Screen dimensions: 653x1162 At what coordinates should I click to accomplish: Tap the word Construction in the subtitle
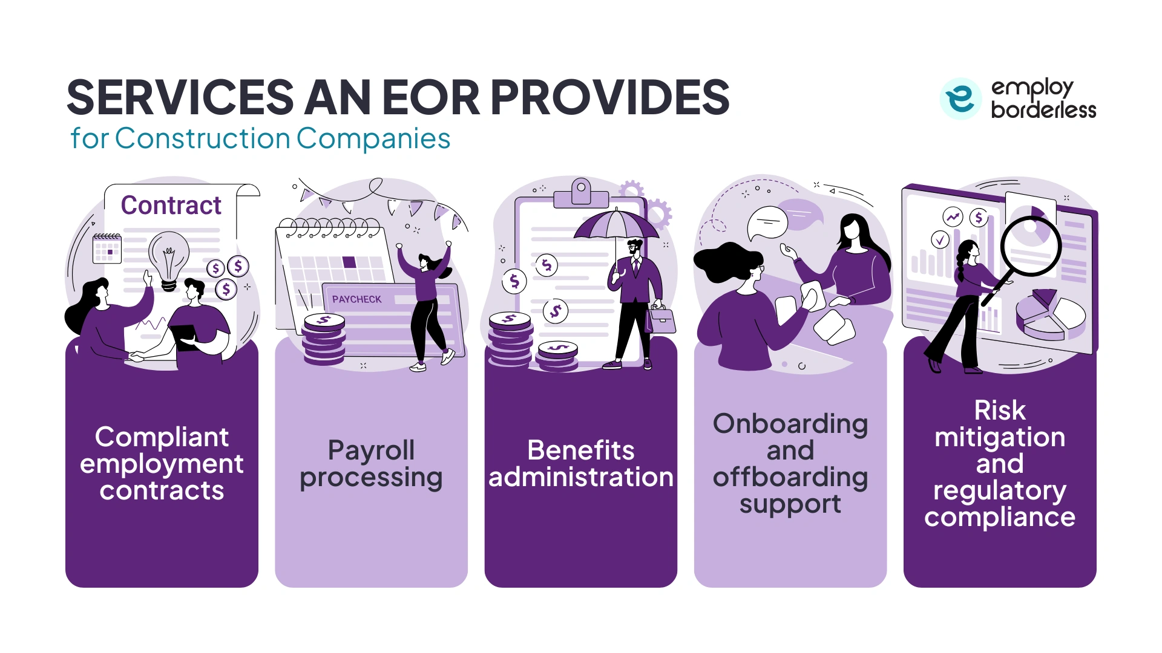(203, 138)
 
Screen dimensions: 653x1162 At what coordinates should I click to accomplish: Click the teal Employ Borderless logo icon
(960, 98)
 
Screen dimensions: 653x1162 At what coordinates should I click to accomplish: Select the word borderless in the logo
(1043, 110)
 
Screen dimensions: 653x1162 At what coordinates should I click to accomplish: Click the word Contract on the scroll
(171, 206)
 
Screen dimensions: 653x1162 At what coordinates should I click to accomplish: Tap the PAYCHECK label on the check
(356, 299)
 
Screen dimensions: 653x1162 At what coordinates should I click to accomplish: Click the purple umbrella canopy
(615, 225)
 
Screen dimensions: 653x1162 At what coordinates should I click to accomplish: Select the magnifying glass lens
(1031, 245)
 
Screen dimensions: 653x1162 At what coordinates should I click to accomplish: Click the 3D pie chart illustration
(1050, 315)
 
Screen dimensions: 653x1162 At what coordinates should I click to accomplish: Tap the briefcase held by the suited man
(661, 319)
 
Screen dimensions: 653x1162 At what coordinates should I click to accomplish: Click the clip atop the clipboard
(581, 192)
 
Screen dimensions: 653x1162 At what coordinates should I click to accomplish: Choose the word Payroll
(371, 450)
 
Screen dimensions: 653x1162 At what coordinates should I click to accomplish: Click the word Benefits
(580, 450)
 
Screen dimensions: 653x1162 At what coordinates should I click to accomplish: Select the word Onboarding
(790, 424)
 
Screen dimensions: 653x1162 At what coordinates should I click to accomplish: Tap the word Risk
(999, 411)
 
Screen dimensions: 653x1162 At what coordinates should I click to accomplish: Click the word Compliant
(162, 437)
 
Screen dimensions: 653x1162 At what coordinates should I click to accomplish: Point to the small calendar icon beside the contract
(107, 249)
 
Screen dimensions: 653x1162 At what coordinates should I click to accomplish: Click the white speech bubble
(767, 223)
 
